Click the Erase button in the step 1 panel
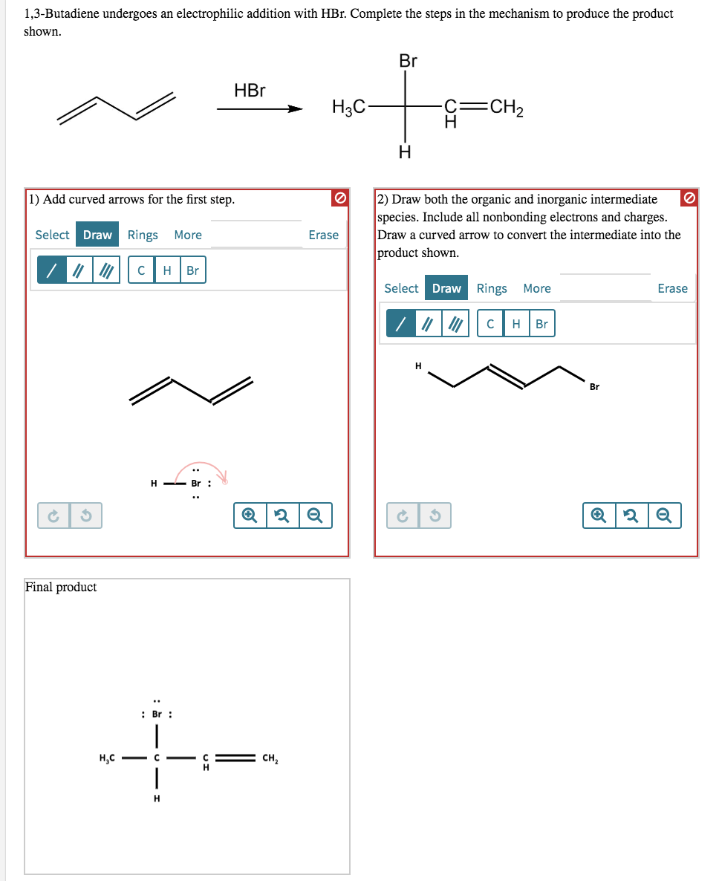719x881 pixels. pos(323,235)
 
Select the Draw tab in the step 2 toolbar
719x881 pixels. pos(446,288)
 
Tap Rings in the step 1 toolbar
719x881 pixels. pos(143,235)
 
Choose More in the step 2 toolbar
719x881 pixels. pos(537,288)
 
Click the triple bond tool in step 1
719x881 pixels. pos(108,270)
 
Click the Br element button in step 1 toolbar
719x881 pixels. pos(192,270)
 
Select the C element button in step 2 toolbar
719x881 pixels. pos(490,324)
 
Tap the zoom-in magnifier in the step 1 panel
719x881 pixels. pos(250,515)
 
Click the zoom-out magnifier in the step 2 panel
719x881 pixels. pos(664,515)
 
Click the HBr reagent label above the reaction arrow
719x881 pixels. pos(250,91)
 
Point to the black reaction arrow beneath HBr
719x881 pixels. pos(259,110)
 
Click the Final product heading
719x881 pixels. pos(61,587)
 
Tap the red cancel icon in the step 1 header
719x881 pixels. pos(339,198)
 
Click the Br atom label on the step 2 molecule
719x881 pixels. pos(594,386)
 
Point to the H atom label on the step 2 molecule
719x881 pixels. pos(418,365)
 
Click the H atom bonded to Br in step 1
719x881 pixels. pos(154,484)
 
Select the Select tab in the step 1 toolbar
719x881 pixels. pos(52,235)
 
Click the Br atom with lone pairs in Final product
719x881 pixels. pos(157,715)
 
